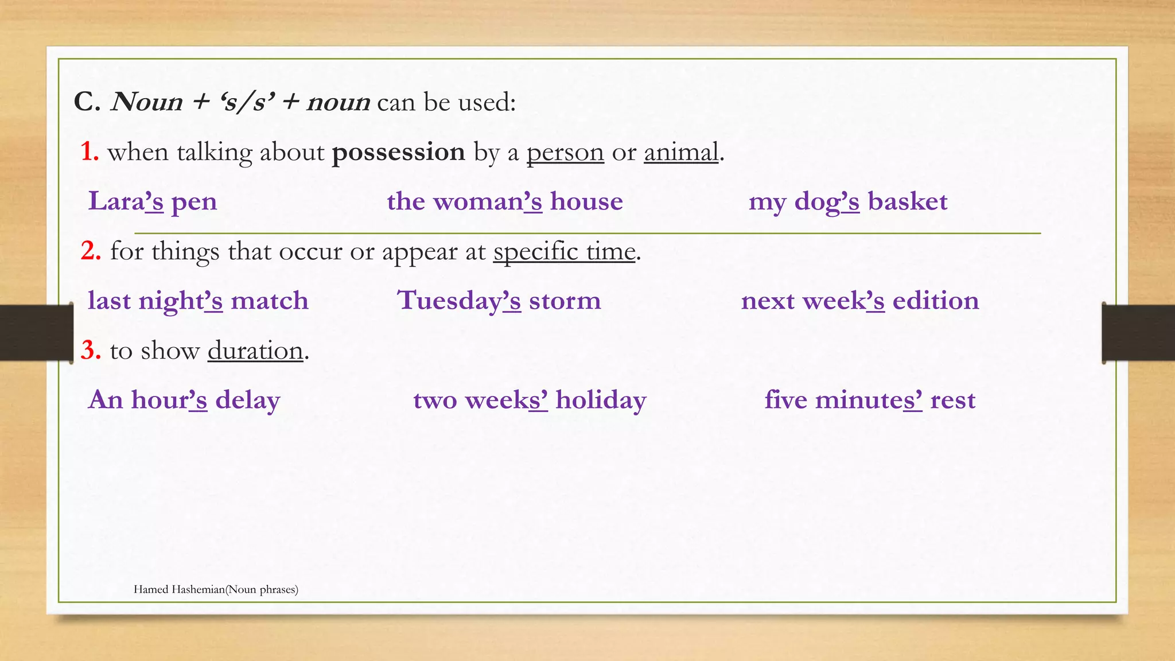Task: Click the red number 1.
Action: (89, 152)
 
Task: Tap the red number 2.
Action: (91, 251)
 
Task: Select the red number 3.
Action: (91, 351)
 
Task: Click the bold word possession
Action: (398, 153)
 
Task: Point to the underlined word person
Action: (565, 153)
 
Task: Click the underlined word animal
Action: (680, 153)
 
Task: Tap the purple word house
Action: (586, 201)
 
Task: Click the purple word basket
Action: (907, 201)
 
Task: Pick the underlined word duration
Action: (255, 351)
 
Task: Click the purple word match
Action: (269, 301)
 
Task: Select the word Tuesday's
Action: (459, 301)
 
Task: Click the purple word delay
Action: (247, 400)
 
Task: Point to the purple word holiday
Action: (600, 400)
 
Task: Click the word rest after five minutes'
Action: (952, 400)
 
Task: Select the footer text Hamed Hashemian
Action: (179, 589)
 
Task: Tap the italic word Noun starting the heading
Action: (147, 102)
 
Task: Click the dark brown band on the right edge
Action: (1138, 333)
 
